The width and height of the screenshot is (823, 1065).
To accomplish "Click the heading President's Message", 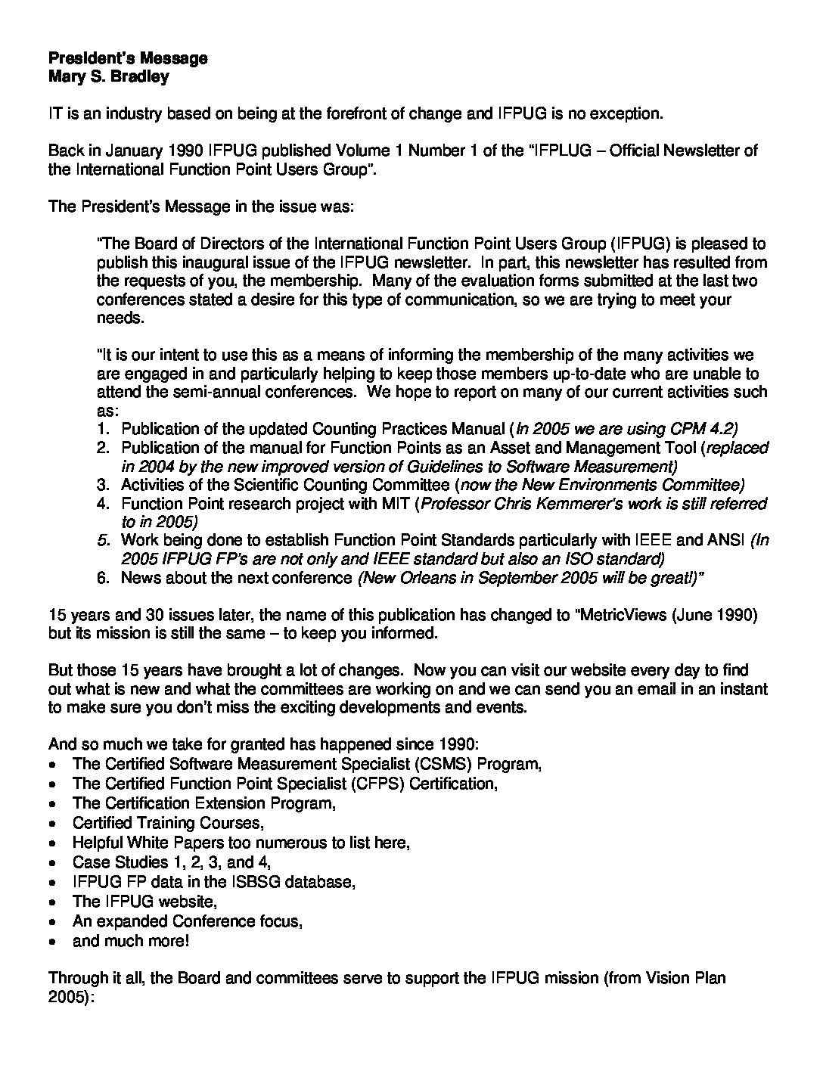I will [x=128, y=58].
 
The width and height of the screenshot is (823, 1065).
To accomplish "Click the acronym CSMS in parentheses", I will [x=436, y=764].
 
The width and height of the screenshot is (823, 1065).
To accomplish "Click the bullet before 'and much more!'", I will [x=51, y=942].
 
